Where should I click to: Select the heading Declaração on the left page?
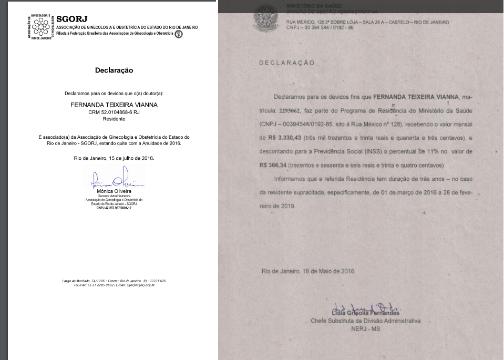(x=114, y=70)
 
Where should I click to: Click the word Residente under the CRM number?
(x=114, y=119)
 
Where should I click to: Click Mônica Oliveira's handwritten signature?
(x=113, y=179)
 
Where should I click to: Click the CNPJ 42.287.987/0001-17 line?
(x=114, y=209)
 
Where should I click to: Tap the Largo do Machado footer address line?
(x=114, y=281)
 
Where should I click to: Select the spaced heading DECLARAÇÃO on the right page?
(x=287, y=63)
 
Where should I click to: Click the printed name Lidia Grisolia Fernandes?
(x=365, y=313)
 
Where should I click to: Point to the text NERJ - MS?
(x=365, y=329)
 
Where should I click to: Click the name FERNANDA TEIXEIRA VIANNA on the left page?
(x=114, y=105)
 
